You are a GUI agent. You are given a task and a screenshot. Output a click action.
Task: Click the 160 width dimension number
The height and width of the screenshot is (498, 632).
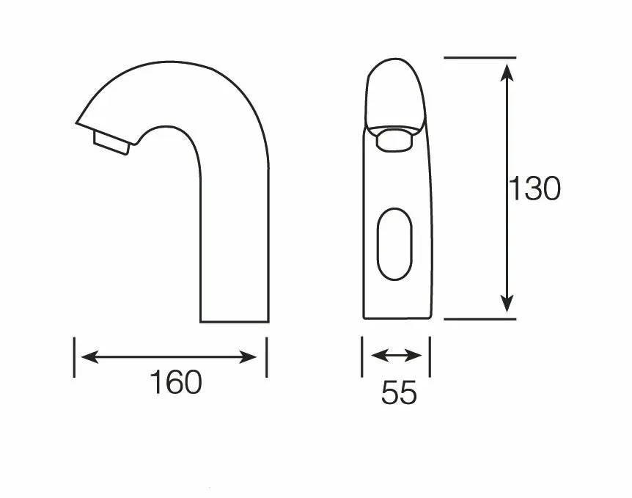coord(176,382)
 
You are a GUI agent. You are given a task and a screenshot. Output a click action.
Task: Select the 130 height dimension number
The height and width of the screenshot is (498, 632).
coord(535,188)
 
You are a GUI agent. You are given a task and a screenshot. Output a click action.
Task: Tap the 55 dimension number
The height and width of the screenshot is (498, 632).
coord(399,394)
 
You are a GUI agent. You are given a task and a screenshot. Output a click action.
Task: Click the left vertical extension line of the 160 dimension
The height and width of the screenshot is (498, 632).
coord(74,357)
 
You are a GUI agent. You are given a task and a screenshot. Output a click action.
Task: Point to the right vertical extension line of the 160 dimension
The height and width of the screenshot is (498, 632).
coord(266,357)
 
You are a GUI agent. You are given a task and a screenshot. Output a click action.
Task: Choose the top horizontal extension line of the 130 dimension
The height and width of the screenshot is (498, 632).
coord(479,57)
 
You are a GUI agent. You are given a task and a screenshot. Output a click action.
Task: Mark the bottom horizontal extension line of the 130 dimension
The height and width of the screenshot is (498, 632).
coord(479,319)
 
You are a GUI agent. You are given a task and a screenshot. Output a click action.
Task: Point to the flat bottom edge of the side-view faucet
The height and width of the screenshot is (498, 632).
coord(235,321)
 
